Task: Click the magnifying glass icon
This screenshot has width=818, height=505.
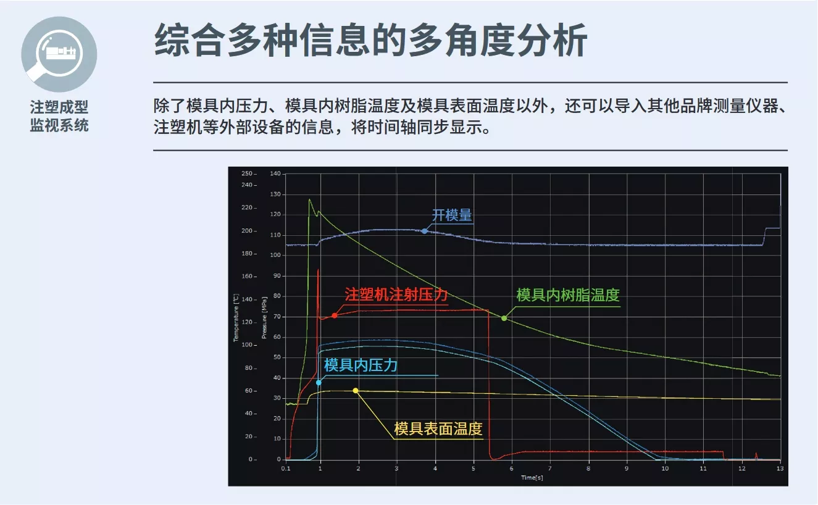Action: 59,54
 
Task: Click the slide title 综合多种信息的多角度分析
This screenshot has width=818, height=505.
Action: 370,40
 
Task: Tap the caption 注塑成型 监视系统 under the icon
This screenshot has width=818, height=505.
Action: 59,116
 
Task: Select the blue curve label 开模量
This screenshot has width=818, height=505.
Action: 452,215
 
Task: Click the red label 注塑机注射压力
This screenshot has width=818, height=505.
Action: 396,294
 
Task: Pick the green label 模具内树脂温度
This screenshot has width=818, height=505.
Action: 568,295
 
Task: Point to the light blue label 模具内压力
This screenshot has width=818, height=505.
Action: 361,365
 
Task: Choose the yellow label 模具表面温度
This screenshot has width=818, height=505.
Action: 438,428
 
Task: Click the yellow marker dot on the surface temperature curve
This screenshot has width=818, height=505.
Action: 356,391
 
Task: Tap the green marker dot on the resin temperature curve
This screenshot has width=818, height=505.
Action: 504,319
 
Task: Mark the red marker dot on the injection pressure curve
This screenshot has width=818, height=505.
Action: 335,315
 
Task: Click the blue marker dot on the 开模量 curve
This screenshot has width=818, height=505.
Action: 424,231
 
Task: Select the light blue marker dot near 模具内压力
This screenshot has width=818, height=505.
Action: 319,383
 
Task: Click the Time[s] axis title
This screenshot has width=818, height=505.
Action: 532,478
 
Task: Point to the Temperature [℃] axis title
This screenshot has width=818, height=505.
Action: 236,318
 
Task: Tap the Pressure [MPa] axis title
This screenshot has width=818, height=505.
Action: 264,318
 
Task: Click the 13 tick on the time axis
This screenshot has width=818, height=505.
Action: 780,469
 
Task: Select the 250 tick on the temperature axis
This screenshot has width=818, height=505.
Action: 247,173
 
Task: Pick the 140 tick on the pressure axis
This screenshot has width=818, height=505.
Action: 275,173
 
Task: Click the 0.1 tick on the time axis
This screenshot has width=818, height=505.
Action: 286,469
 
